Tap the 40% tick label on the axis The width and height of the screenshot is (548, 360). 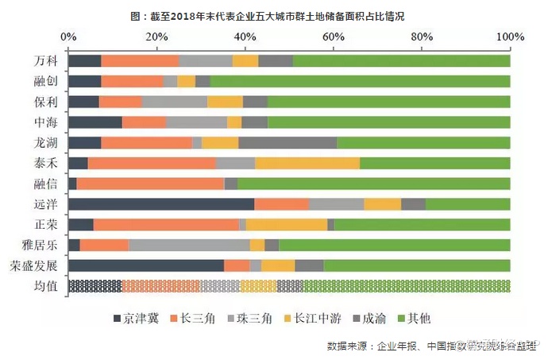(245, 37)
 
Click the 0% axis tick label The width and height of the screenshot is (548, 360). (69, 37)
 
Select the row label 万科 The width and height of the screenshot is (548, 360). (46, 61)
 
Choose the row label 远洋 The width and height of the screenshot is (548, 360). (46, 204)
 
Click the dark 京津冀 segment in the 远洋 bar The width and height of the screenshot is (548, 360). (161, 204)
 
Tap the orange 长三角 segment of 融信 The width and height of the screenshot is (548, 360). (150, 184)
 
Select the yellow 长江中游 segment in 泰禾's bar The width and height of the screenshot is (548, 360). (307, 163)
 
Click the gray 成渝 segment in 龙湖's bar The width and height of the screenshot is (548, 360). (288, 143)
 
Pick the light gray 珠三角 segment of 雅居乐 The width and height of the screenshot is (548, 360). (189, 245)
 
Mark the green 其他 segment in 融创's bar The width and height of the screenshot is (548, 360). (360, 81)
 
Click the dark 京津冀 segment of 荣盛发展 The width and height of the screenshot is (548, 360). (146, 265)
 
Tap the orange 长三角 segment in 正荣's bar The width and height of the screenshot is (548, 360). (166, 225)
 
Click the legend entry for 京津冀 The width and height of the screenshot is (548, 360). (137, 319)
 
